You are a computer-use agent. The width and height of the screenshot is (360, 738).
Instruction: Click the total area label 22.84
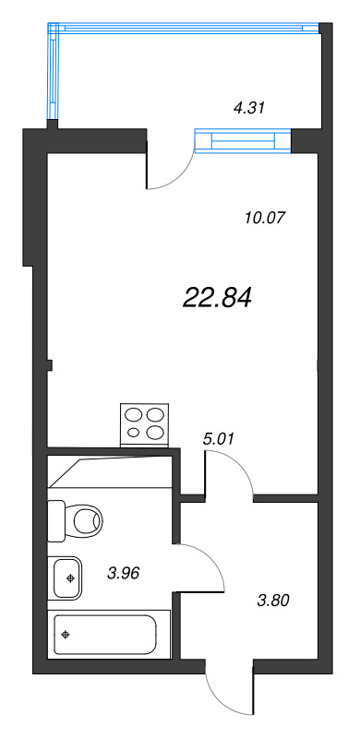[218, 297]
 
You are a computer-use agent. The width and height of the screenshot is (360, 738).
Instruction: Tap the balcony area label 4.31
[249, 107]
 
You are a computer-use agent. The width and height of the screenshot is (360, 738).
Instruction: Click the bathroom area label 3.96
[123, 573]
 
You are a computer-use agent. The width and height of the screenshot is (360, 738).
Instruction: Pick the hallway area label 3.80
[273, 601]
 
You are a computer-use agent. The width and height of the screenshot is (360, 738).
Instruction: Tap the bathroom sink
[66, 577]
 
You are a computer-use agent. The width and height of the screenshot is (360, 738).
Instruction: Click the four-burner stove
[144, 423]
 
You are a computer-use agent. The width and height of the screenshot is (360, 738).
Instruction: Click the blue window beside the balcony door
[242, 141]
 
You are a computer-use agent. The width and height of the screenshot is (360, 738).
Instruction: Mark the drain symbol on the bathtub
[65, 635]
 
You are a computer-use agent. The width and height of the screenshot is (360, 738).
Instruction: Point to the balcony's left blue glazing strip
[53, 74]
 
